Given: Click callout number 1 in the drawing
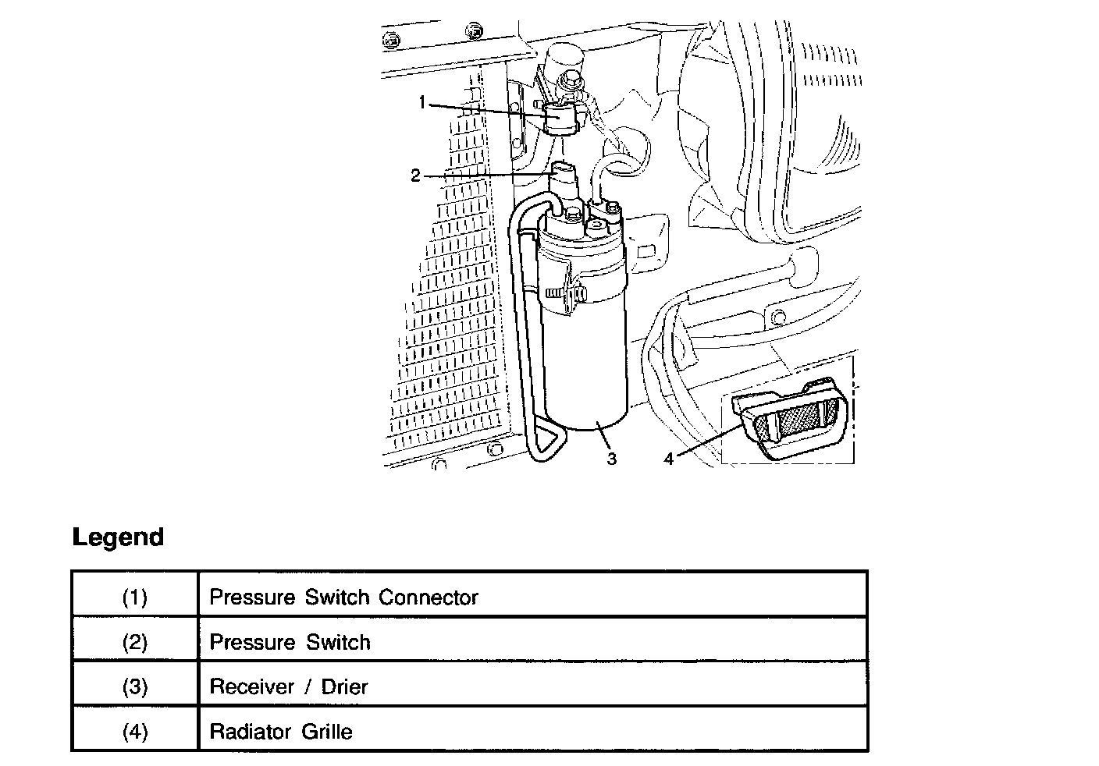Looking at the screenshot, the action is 422,103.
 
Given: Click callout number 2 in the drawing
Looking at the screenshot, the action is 415,175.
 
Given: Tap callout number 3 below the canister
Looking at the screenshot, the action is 611,459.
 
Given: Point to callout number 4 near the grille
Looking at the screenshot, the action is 668,459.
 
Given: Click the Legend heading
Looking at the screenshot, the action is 118,537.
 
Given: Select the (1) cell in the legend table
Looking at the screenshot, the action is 135,598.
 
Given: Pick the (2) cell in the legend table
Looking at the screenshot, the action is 135,642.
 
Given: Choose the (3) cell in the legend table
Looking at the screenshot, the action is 135,686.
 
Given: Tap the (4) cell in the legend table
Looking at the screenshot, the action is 135,731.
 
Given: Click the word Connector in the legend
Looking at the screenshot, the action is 429,598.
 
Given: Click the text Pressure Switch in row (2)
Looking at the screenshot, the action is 290,642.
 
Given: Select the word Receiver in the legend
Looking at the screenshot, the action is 251,686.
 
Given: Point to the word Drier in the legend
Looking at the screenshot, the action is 344,686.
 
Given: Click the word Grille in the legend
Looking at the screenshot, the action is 327,731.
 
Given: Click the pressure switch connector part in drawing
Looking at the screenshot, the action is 560,119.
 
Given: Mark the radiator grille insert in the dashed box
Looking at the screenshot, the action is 790,420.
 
